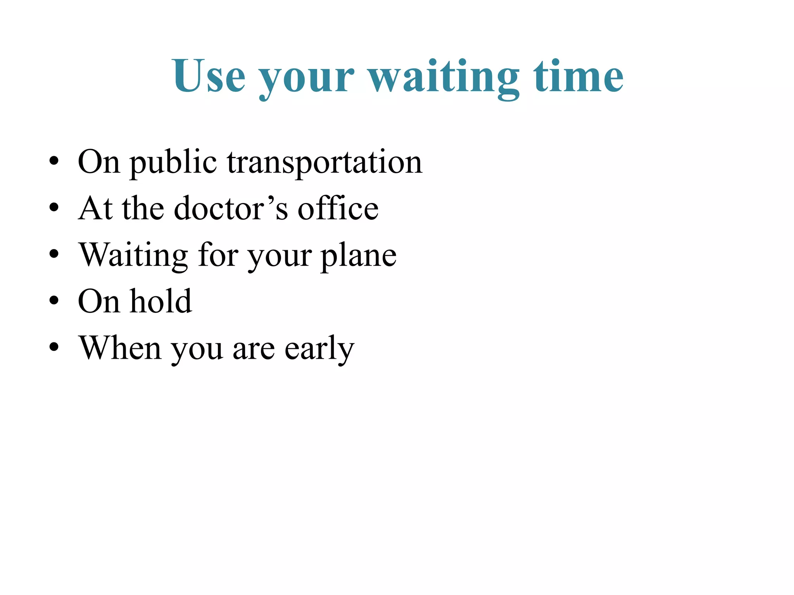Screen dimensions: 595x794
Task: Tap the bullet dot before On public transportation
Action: [x=54, y=160]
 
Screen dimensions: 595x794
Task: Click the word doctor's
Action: [x=231, y=208]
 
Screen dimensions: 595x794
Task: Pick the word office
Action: [x=338, y=208]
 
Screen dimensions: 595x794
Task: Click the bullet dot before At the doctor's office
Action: [x=54, y=207]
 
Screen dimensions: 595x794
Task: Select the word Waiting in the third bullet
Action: [x=133, y=256]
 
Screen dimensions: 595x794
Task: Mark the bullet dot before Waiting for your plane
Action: [x=54, y=254]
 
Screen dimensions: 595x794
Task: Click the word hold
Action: [x=161, y=301]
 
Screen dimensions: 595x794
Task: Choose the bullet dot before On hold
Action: [x=54, y=300]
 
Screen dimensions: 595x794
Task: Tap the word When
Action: [x=120, y=347]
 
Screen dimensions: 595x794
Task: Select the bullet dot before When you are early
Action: [x=54, y=347]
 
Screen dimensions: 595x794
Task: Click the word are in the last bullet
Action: [x=254, y=349]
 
